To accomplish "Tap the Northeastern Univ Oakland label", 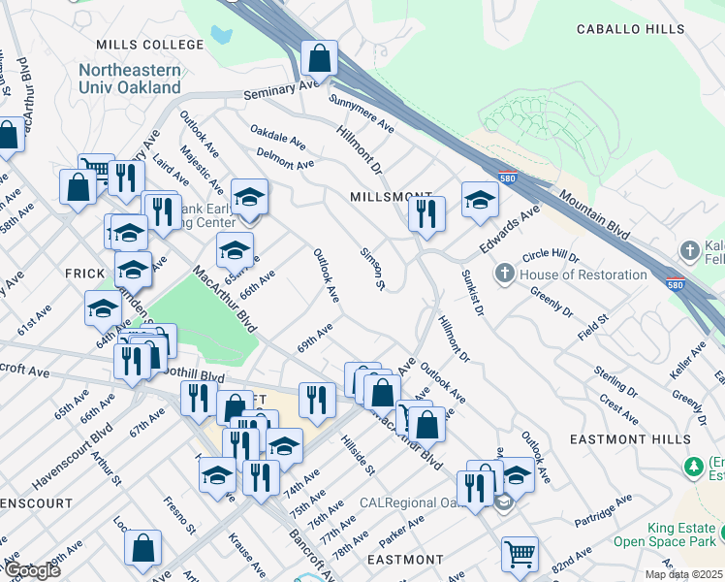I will tap(129, 79).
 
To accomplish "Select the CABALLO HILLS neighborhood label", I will tap(630, 30).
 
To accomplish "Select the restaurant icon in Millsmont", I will tap(426, 211).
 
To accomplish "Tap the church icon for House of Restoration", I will tap(504, 275).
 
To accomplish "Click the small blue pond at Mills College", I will tap(222, 37).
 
